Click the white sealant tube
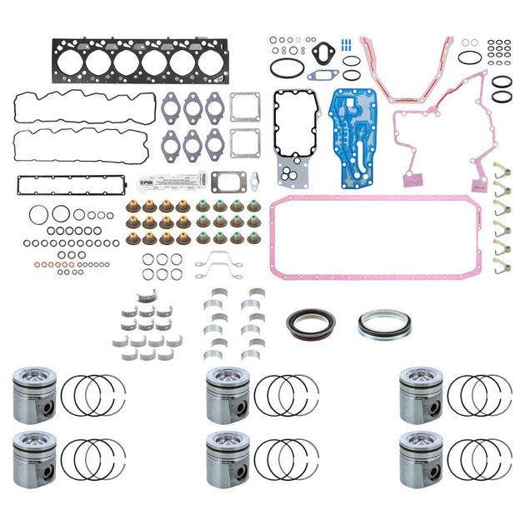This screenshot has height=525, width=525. point(184,177)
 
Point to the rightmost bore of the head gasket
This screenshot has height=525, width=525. point(209,62)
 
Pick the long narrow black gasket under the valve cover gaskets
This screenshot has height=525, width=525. point(69,183)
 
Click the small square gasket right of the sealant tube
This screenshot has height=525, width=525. point(227,181)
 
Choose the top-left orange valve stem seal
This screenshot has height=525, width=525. point(132,206)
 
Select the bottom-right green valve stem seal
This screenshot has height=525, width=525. point(253,237)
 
